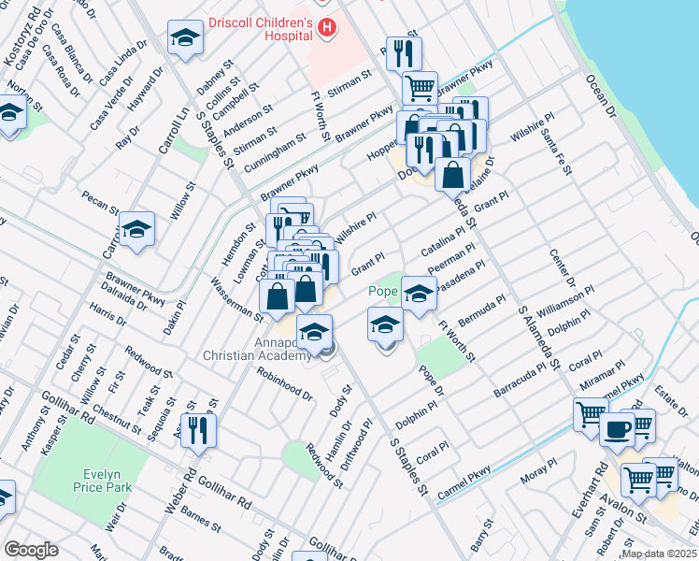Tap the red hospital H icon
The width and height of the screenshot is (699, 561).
click(325, 28)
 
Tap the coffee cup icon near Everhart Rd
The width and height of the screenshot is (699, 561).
click(617, 429)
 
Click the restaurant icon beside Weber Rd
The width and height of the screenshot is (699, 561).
click(198, 429)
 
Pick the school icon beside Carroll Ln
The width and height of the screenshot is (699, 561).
click(136, 228)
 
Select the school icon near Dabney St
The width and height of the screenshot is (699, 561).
click(185, 38)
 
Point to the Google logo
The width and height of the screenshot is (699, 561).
click(31, 549)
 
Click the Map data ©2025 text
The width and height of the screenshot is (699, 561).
click(658, 554)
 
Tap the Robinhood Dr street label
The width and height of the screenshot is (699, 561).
click(285, 382)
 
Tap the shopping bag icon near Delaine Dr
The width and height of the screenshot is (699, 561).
click(452, 174)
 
